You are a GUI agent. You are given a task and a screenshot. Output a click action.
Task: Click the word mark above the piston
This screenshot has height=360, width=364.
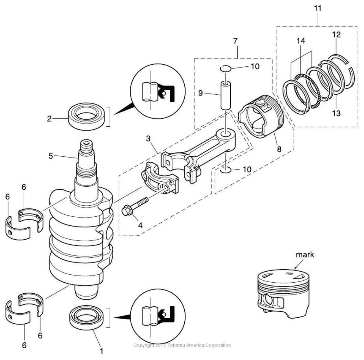point(305,255)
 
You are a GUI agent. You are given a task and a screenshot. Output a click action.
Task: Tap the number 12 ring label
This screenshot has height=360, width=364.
point(336,34)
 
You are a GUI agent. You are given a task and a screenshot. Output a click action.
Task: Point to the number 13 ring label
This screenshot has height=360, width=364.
point(337,113)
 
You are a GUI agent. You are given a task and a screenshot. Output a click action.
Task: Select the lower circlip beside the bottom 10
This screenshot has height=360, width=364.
point(226,171)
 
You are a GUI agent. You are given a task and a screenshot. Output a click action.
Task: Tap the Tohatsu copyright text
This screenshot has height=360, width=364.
point(182,345)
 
